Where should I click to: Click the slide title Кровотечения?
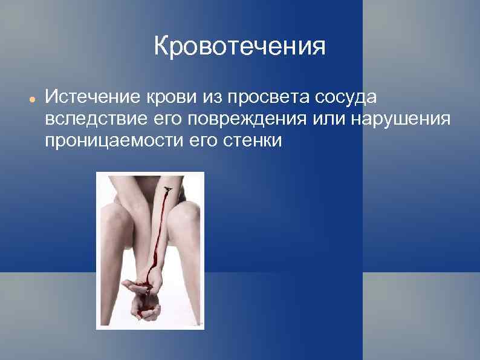(x=239, y=46)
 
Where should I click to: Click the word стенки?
(x=250, y=140)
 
